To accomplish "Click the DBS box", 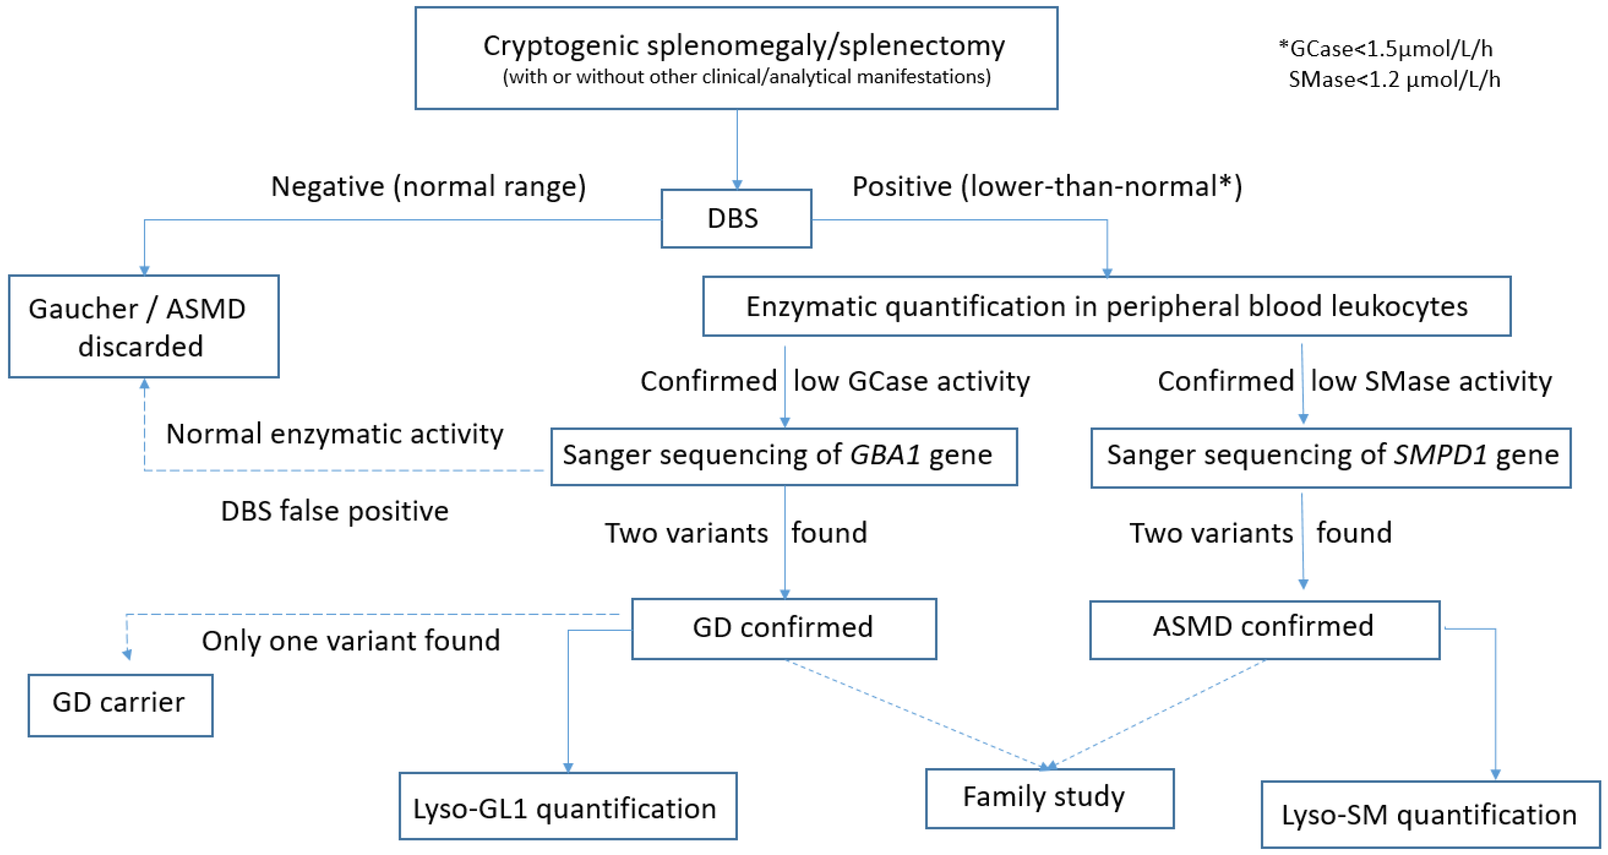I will coord(736,219).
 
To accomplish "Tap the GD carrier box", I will coord(120,704).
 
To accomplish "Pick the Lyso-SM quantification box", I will coord(1430,814).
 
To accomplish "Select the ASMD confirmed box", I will coord(1264,628).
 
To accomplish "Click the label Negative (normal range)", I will coord(428,186).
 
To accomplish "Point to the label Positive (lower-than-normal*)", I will coord(1047,186).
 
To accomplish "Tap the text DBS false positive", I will coord(334,511).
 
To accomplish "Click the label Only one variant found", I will coord(351,641).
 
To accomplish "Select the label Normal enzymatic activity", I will coord(334,434).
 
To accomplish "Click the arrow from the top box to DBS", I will coord(737,150).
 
